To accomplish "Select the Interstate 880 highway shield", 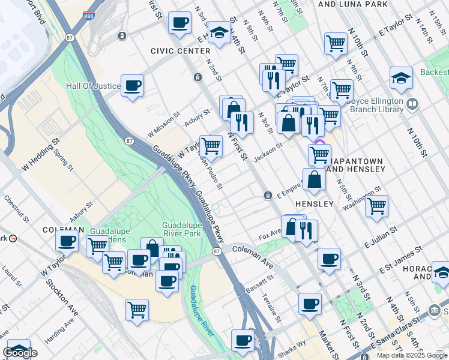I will click(x=89, y=14).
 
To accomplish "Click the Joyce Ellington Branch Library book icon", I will click(x=412, y=104).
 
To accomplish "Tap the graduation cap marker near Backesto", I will click(x=401, y=78).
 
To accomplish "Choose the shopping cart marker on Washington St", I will click(x=376, y=206).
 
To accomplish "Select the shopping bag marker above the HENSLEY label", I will click(x=315, y=179).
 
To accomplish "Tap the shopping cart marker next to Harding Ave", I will click(x=137, y=310).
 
